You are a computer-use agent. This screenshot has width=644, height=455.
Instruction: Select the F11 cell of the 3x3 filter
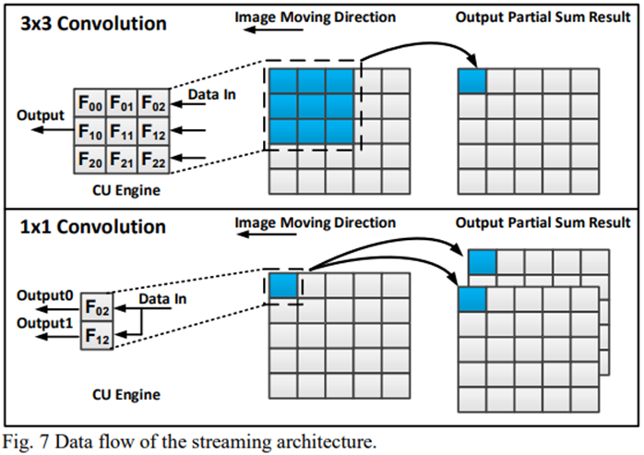point(122,132)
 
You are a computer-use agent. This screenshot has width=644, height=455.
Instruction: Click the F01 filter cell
point(122,102)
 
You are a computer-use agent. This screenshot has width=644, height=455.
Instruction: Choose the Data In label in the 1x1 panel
point(164,300)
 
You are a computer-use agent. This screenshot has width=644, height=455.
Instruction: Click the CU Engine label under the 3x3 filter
point(122,191)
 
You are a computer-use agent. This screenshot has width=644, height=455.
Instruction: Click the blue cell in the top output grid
point(471,80)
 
